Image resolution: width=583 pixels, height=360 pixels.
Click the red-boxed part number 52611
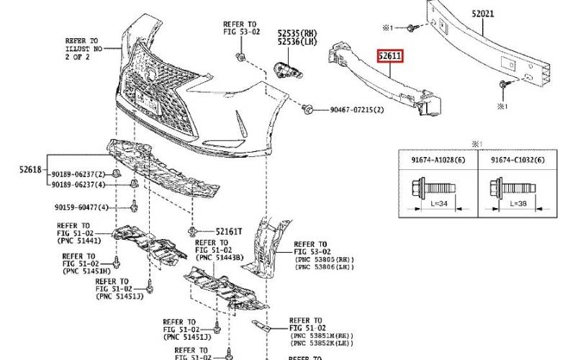[392, 55]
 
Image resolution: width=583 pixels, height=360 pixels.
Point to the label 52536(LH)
[297, 42]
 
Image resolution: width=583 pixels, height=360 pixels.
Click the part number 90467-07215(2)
[357, 109]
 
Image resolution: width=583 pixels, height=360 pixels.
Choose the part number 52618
[32, 169]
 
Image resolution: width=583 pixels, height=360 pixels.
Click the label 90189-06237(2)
[78, 174]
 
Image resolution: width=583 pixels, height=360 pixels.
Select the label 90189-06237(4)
[78, 185]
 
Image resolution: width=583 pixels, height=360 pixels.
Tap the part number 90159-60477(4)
[81, 207]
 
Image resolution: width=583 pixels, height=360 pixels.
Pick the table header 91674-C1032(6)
[518, 160]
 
